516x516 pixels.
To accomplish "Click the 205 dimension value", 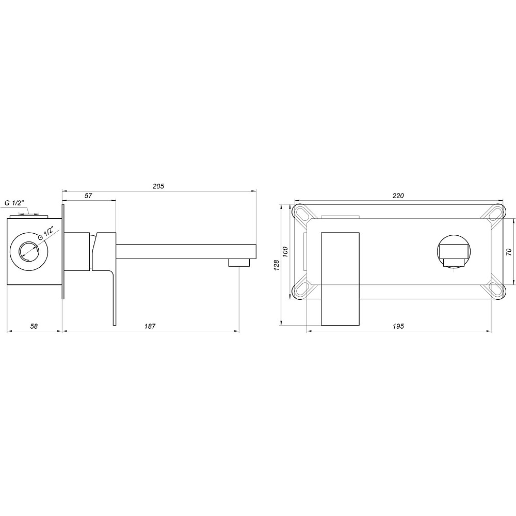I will (158, 186).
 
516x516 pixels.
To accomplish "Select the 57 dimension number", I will (88, 196).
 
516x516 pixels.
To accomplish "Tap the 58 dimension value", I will (33, 326).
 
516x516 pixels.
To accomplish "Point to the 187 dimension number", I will (150, 326).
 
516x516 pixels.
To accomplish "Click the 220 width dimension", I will (398, 196).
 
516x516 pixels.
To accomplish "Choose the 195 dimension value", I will (398, 326).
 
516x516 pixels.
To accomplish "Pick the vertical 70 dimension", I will (508, 252).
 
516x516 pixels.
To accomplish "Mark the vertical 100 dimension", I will (285, 252).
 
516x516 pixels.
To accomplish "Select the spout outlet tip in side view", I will (238, 263).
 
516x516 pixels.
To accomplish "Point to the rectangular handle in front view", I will (341, 279).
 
